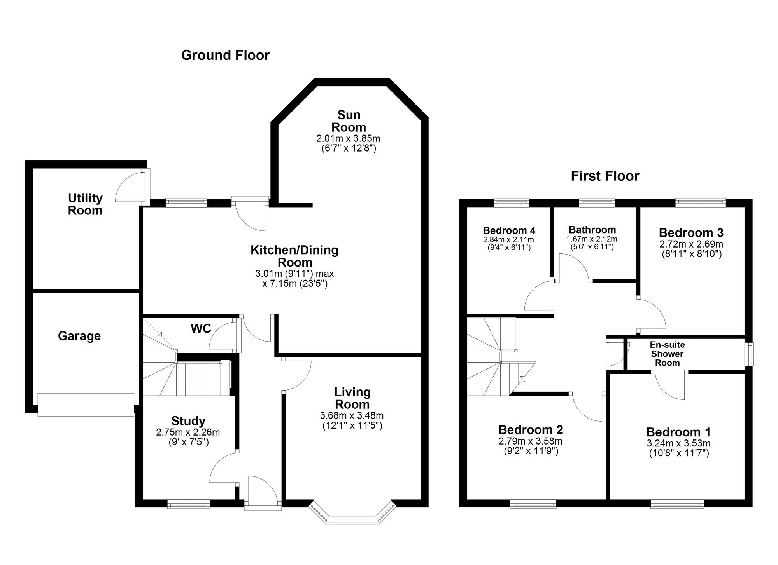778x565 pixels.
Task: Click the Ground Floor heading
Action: [225, 55]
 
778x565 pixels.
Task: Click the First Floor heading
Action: [605, 176]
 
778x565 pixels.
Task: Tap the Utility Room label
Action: [85, 204]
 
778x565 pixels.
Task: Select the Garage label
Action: [79, 336]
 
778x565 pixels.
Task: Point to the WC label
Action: [201, 329]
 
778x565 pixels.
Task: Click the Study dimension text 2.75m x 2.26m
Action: [188, 432]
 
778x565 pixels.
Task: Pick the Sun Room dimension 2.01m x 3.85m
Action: [348, 138]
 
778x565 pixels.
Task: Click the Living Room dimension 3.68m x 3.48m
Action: [352, 416]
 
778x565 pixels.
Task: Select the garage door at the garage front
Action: [86, 405]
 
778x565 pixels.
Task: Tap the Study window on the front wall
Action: [189, 504]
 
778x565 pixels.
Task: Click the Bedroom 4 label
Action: [508, 230]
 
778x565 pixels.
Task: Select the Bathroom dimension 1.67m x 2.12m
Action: [592, 239]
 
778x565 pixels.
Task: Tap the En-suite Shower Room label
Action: [667, 354]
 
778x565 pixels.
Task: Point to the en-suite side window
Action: [749, 354]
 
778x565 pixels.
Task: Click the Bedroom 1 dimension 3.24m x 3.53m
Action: [678, 443]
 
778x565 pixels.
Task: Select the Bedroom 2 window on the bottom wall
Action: [533, 504]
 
